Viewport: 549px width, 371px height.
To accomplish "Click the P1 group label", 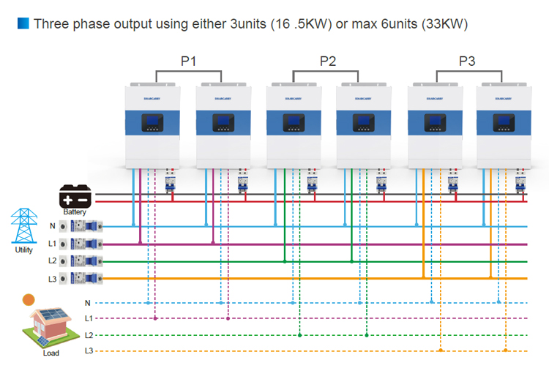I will point(188,61).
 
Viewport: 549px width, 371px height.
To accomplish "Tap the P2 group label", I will point(328,61).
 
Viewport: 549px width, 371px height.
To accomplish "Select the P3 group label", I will point(467,61).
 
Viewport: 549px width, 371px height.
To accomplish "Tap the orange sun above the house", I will point(29,299).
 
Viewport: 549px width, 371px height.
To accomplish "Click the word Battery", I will point(75,212).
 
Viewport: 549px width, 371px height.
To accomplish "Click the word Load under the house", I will point(51,353).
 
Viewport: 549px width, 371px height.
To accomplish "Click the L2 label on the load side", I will point(89,335).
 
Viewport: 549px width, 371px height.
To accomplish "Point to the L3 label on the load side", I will point(89,351).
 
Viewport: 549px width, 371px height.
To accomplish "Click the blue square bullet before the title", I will point(22,24).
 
